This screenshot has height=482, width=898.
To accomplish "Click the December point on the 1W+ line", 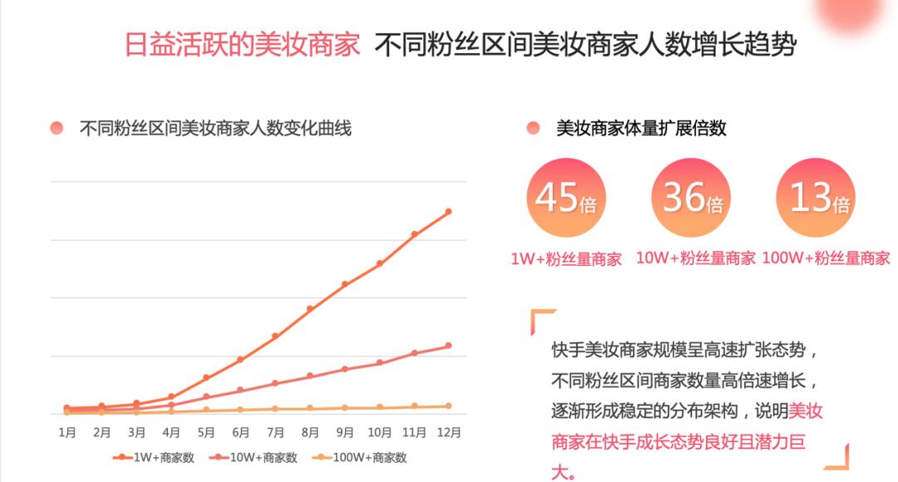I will [x=448, y=211].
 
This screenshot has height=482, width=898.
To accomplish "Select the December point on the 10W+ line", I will [x=448, y=346].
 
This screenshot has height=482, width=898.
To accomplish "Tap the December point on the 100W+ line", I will [x=448, y=406].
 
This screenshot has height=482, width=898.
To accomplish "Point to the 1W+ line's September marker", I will [x=344, y=284].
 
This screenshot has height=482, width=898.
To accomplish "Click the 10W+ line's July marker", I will [x=274, y=383].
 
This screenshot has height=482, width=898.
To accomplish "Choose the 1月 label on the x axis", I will [x=67, y=432].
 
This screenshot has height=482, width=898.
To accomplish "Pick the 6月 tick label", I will [x=241, y=432].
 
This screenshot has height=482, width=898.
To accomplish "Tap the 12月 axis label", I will [x=449, y=432].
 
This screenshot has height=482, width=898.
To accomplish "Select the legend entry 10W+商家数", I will [x=255, y=457].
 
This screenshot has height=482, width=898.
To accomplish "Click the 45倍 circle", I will [x=565, y=198].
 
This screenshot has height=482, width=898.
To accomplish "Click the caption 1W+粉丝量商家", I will [x=566, y=259].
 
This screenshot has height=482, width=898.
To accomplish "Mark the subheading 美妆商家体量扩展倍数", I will [x=641, y=128].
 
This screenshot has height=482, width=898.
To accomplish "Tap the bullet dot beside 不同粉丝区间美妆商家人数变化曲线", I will [x=57, y=128].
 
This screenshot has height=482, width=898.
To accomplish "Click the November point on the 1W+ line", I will [x=414, y=234].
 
